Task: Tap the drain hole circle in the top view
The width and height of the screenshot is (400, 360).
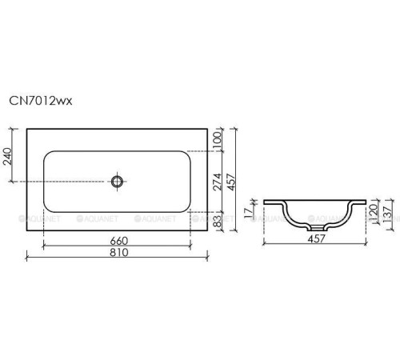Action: point(118,182)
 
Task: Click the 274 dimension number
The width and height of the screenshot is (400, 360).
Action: point(216,182)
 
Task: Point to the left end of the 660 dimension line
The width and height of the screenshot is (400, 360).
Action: point(44,247)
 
